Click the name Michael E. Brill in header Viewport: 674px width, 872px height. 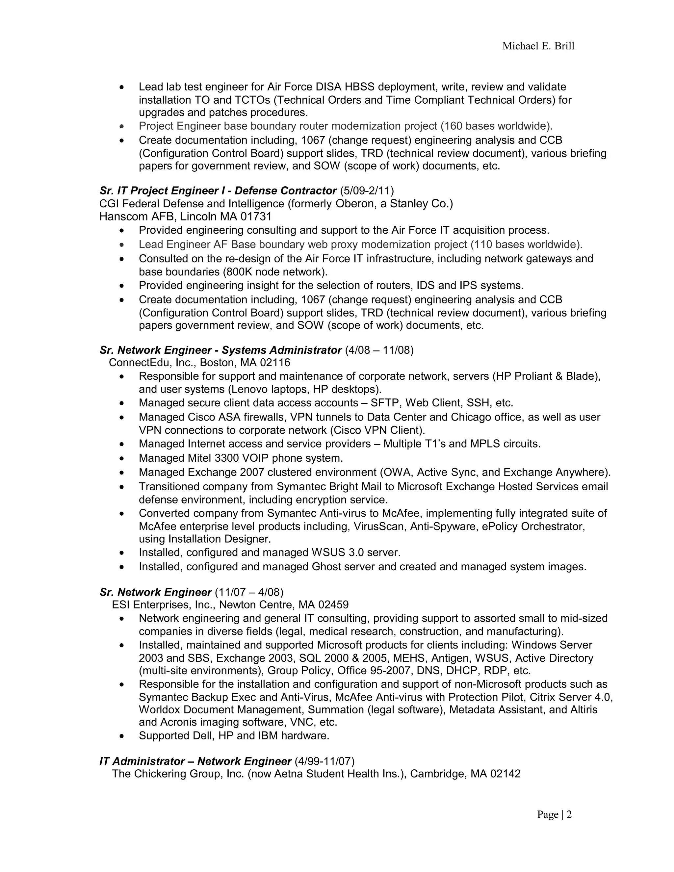pyautogui.click(x=538, y=46)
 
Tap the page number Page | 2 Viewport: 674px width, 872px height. pyautogui.click(x=554, y=814)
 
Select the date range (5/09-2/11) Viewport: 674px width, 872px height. pyautogui.click(x=367, y=191)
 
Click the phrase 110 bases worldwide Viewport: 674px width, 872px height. pyautogui.click(x=526, y=244)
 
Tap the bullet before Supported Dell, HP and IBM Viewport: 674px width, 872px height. pyautogui.click(x=122, y=736)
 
